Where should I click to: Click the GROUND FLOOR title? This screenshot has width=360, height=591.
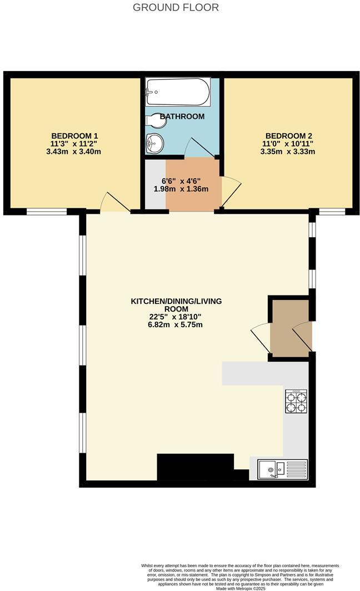click(176, 7)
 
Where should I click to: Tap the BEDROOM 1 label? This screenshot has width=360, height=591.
click(74, 136)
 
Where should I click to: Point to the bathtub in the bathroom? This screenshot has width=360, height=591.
click(178, 92)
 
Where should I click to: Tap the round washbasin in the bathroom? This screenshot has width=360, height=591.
click(153, 143)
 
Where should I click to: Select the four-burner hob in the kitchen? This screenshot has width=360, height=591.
click(296, 402)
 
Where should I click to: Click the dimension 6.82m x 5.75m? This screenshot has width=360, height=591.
click(176, 324)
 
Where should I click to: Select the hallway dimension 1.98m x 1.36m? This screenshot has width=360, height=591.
click(181, 189)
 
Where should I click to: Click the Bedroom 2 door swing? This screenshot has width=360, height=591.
click(231, 192)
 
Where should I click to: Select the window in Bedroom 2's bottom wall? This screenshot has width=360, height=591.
click(332, 212)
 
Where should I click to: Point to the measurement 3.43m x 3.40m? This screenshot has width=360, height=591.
click(74, 151)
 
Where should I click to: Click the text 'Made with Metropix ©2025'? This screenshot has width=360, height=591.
click(241, 588)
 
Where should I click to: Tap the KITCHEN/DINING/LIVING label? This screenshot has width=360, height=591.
click(176, 301)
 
